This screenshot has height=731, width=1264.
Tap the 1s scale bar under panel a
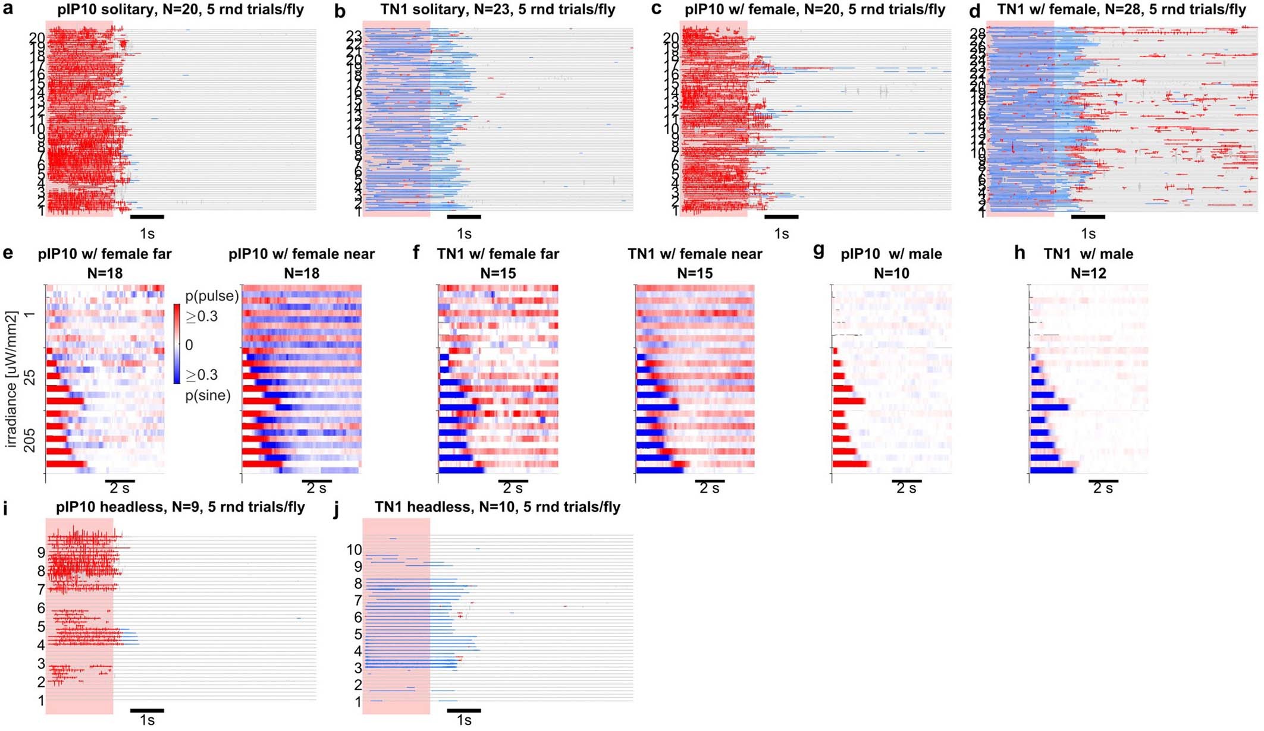pos(147,217)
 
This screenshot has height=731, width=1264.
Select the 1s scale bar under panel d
pos(1088,217)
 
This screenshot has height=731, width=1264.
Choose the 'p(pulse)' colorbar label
pos(212,295)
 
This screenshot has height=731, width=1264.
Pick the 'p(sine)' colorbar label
pos(208,395)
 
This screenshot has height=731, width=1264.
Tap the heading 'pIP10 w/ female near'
pos(302,254)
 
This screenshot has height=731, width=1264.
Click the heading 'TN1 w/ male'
pos(1088,254)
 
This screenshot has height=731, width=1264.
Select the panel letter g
pos(818,252)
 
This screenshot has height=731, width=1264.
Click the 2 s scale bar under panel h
pos(1103,481)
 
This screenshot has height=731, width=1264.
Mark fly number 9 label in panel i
pos(41,553)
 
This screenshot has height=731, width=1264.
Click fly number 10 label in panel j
pos(354,550)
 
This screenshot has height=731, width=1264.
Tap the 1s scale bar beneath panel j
pos(464,710)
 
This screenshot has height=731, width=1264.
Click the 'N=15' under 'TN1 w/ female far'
pos(498,273)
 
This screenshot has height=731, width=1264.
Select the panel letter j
pos(337,510)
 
